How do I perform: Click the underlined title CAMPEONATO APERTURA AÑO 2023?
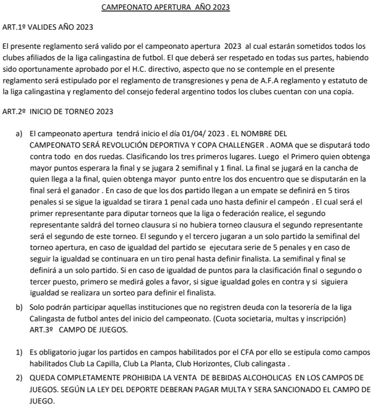click(166, 7)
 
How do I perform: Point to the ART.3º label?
click(41, 329)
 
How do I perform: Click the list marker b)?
click(19, 307)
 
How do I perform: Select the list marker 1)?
click(19, 353)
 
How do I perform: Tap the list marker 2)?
click(19, 378)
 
